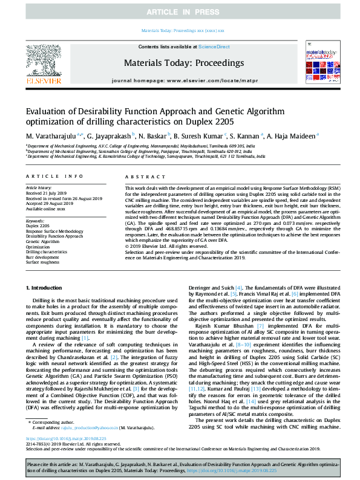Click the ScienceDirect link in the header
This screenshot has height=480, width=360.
(x=214, y=47)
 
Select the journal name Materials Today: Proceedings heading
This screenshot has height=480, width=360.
(x=180, y=62)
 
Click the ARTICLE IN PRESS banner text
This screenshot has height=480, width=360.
(x=180, y=11)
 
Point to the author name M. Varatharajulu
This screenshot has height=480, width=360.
(x=51, y=137)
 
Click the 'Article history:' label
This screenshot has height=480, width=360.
(x=38, y=188)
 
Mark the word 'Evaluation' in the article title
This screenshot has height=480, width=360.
(x=47, y=111)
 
